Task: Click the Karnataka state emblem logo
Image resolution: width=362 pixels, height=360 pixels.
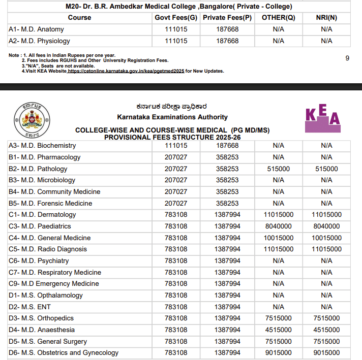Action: coord(29,120)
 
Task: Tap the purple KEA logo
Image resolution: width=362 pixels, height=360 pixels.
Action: coord(322,119)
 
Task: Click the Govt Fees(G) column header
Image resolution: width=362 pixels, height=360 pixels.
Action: coord(176,17)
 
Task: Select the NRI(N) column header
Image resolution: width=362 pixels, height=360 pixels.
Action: coord(326,17)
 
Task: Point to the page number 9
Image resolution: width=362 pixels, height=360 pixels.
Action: coord(347,58)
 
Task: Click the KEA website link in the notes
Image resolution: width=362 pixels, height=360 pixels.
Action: coord(126,71)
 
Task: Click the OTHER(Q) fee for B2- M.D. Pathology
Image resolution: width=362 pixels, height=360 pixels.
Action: coord(278,169)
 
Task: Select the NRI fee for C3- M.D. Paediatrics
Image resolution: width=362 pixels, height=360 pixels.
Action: coord(326,226)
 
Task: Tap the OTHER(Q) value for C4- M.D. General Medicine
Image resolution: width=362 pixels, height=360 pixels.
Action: coord(278,238)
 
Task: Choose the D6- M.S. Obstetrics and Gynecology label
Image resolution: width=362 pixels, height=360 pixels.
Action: coord(64,352)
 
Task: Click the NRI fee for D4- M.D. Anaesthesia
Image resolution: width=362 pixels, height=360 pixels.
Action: coord(326,330)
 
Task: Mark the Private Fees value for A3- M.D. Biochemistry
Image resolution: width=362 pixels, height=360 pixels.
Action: coord(227,146)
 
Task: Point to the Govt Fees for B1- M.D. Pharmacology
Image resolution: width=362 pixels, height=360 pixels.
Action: coord(176,157)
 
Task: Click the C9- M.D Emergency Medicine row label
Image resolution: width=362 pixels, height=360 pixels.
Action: coord(54,283)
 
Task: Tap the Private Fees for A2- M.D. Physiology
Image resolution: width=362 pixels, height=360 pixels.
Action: coord(227,41)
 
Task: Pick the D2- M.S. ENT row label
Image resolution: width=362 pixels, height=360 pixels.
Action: coord(29,307)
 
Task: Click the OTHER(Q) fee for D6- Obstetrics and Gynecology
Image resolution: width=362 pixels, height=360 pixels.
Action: coord(278,352)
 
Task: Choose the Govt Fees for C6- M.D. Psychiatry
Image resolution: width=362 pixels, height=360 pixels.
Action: coord(176,260)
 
